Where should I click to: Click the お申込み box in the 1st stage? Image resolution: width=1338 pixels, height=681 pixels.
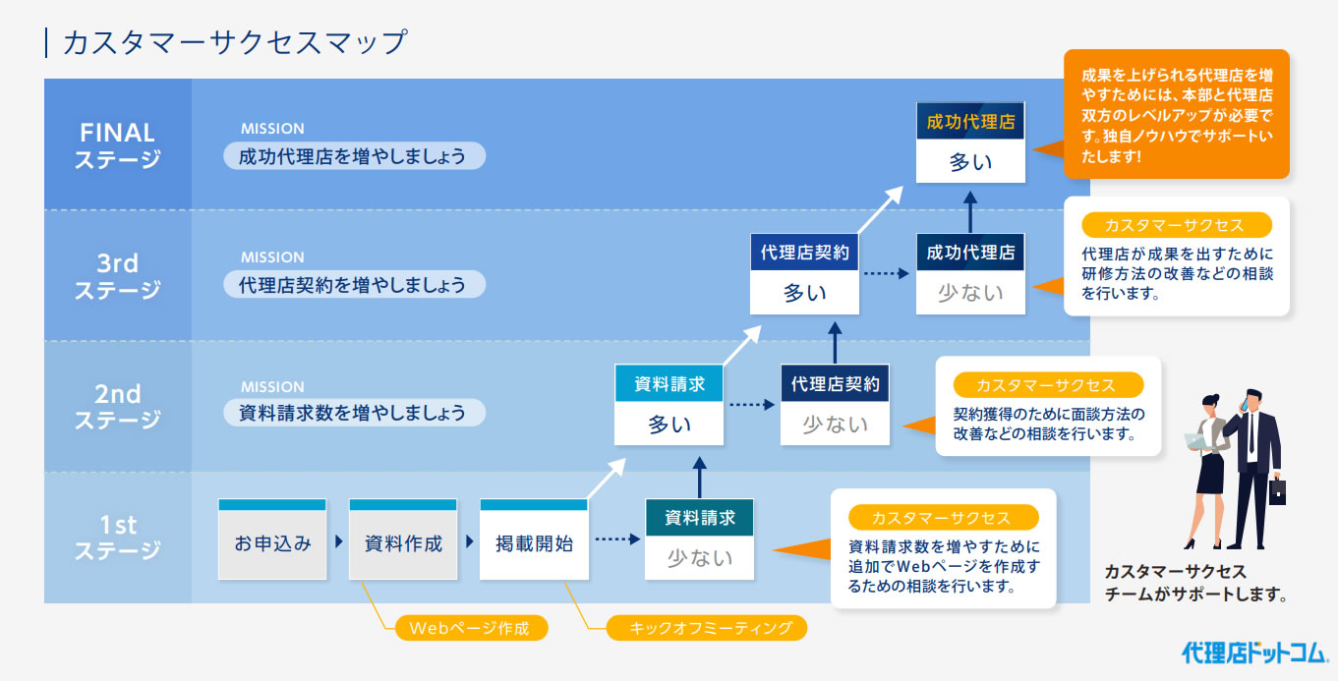(x=272, y=539)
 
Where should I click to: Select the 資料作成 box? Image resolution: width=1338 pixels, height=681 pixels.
(x=403, y=539)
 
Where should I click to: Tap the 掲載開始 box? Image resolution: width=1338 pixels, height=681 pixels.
(x=534, y=539)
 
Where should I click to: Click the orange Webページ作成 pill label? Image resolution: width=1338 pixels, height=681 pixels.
(x=471, y=628)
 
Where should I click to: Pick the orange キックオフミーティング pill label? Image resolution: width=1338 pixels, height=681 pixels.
(x=707, y=628)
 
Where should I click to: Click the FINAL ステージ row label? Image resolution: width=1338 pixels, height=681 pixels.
(x=118, y=145)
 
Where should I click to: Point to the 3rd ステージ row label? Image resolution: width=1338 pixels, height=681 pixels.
(x=118, y=276)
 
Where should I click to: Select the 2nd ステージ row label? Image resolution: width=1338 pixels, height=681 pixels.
(x=118, y=407)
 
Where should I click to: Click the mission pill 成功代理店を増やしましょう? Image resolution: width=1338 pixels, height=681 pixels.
(x=354, y=156)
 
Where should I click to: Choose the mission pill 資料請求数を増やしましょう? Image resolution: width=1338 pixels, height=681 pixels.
(x=354, y=413)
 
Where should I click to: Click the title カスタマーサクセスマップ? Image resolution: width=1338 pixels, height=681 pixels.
(x=235, y=42)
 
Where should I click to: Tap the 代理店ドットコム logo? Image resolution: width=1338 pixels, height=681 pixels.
(x=1254, y=653)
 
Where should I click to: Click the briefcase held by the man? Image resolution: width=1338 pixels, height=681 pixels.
(x=1277, y=490)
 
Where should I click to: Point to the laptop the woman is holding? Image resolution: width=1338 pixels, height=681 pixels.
(x=1196, y=441)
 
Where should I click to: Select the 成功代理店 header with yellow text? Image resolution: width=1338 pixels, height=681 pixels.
(x=970, y=121)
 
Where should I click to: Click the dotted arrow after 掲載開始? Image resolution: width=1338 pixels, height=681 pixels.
(x=617, y=539)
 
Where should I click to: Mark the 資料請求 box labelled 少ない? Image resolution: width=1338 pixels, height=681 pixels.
(x=699, y=539)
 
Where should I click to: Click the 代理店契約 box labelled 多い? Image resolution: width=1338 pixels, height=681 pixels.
(x=804, y=274)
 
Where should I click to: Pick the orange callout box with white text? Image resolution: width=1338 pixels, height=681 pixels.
(x=1177, y=114)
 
